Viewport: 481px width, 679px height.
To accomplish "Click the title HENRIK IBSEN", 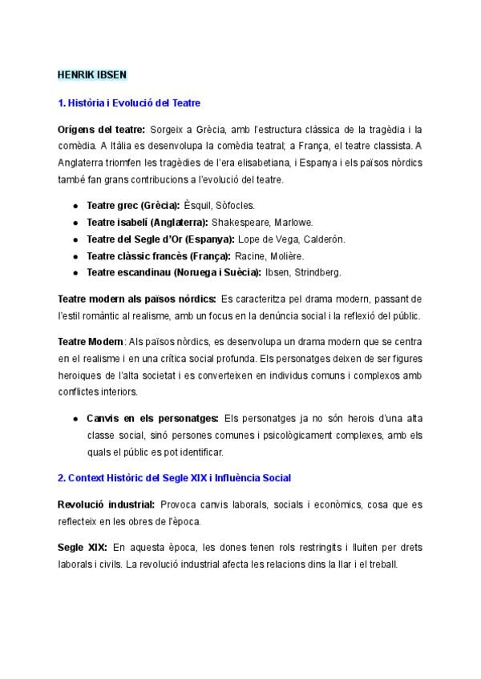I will [92, 74].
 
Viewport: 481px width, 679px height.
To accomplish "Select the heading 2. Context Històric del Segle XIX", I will [174, 478].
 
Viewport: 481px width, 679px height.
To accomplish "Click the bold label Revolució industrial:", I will [106, 504].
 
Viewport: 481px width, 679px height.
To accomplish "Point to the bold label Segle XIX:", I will [82, 548].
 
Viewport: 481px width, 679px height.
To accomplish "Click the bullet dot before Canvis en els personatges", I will [75, 419].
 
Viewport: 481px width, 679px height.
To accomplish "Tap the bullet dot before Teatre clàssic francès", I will [75, 256].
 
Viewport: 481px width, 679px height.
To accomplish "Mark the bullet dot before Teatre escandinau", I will [75, 273].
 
